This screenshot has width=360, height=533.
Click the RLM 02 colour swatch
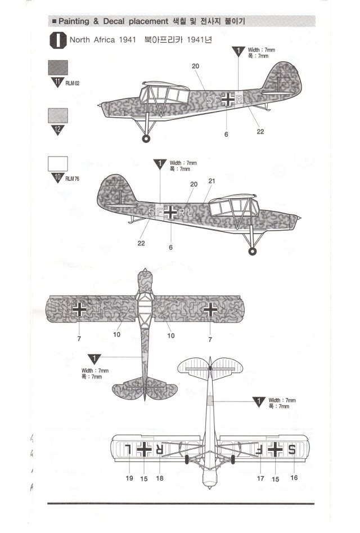point(58,68)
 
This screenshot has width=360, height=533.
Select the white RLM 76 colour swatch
point(58,163)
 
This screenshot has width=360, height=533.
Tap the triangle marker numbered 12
point(58,130)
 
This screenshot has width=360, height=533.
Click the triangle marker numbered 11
point(58,83)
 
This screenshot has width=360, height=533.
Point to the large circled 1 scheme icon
point(58,41)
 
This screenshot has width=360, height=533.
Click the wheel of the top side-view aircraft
point(147,138)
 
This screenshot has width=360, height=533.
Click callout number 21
point(211,181)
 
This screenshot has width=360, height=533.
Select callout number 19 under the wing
point(129,478)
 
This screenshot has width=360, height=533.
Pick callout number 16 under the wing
point(294,478)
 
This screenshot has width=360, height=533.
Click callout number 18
point(160,478)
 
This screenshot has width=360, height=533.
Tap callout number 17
point(260,478)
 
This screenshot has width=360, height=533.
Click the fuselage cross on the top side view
point(227,100)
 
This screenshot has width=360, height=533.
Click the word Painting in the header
point(74,21)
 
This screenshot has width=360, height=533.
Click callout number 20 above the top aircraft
point(195,66)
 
